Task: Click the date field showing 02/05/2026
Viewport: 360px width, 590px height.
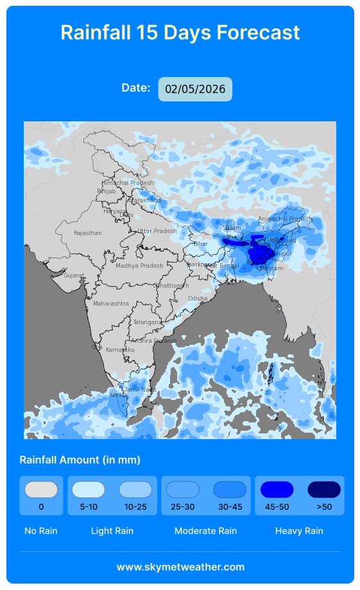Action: (x=195, y=89)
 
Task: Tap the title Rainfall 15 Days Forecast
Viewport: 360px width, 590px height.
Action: (x=180, y=32)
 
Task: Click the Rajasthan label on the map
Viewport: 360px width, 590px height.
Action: (x=88, y=233)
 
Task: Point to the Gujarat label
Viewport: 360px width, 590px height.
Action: (x=74, y=275)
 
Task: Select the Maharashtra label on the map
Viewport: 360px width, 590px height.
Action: (x=111, y=303)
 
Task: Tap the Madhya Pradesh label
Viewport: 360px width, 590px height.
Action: (x=139, y=266)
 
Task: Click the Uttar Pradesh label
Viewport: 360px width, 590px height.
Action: (x=157, y=231)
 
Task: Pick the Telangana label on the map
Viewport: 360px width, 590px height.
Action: (x=148, y=322)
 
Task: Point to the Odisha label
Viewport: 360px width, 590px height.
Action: (x=198, y=299)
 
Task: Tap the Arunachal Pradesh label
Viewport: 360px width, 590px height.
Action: (x=284, y=219)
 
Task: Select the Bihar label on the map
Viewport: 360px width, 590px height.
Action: (x=201, y=244)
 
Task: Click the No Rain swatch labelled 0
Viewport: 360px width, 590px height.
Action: (x=41, y=490)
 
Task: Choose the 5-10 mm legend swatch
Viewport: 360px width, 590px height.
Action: (x=89, y=490)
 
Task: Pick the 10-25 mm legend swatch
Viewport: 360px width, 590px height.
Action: (x=135, y=490)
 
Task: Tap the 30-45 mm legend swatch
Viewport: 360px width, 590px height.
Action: (x=230, y=490)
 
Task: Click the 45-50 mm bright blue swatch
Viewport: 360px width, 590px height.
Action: (x=277, y=490)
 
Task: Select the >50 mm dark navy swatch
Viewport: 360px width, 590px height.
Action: (x=324, y=490)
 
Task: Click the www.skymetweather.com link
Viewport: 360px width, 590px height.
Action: (x=180, y=567)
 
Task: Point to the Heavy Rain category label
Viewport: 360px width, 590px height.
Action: (x=299, y=531)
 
